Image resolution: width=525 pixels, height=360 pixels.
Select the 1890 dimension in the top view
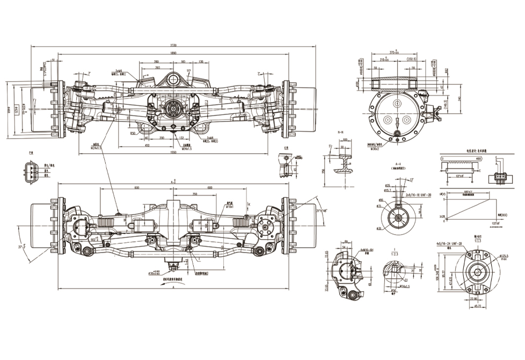[172, 53]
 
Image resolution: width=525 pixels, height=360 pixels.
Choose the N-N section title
[339, 132]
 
